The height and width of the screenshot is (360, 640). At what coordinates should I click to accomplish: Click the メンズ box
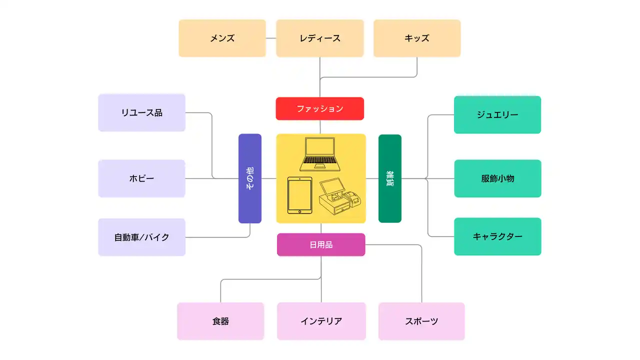pos(222,38)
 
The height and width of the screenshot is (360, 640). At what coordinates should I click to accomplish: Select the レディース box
pos(320,38)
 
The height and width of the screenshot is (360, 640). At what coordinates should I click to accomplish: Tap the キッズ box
pos(416,38)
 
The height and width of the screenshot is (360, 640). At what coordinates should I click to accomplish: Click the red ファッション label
pos(320,108)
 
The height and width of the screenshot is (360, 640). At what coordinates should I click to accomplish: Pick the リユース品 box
pos(141,112)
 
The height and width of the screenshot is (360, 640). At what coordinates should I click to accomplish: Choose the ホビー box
pos(141,178)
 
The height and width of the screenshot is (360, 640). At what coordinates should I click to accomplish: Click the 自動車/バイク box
pos(141,237)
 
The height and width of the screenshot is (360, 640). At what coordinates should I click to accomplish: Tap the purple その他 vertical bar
pos(250,178)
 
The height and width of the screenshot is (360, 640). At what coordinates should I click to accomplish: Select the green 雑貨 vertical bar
pos(390,178)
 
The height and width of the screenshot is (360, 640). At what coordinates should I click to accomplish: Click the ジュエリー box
pos(497,114)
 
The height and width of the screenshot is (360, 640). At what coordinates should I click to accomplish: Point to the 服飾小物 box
pos(497,178)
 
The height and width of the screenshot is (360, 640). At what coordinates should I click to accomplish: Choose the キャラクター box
pos(497,236)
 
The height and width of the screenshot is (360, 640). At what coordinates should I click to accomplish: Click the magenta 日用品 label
pos(321,244)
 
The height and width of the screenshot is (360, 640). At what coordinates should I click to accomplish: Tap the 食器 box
pos(220,321)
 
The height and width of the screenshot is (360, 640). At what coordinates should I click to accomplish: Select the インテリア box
pos(321,321)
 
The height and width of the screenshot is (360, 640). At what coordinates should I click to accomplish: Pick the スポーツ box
pos(421,321)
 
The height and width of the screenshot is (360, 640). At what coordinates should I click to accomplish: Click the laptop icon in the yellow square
pos(320,154)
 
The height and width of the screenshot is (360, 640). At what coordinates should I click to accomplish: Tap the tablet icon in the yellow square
pos(299,196)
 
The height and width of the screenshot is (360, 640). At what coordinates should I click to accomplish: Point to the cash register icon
pos(340,198)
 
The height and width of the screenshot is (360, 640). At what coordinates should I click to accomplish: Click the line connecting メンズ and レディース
pos(271,38)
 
